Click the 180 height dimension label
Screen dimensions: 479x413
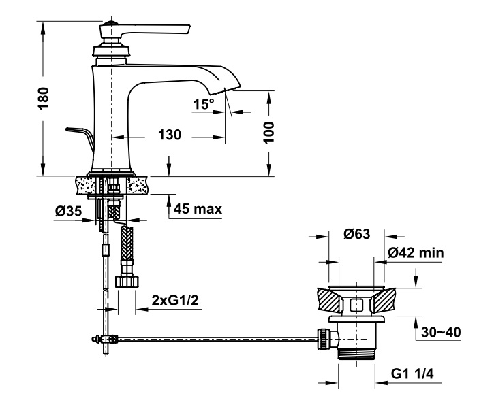tap(44, 98)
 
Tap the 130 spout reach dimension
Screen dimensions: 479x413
tap(170, 135)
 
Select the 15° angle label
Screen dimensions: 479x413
tap(204, 104)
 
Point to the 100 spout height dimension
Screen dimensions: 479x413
tap(268, 133)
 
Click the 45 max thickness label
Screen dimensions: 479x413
tap(198, 210)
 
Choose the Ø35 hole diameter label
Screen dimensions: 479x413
tap(68, 211)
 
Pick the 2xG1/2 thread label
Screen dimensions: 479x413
tap(175, 301)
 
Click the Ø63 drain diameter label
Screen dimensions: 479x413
tap(356, 234)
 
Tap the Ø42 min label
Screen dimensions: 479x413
tap(416, 253)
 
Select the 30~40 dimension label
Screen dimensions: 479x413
tap(441, 332)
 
